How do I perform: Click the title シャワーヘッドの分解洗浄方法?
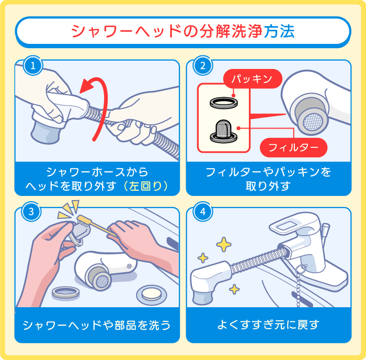tap(182, 31)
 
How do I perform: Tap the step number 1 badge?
tap(33, 66)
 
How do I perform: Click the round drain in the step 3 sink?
tap(152, 294)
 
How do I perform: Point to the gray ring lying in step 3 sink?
tap(66, 291)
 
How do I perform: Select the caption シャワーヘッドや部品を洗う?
tap(97, 324)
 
